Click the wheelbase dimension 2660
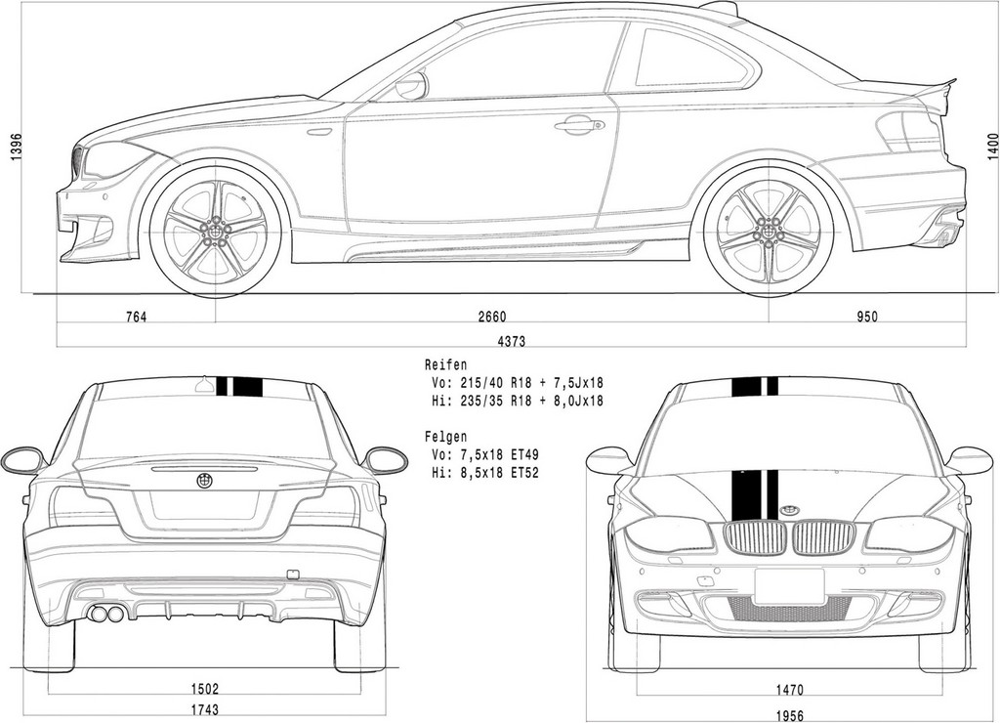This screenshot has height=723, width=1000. [x=491, y=317]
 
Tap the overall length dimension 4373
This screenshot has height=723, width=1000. [x=511, y=341]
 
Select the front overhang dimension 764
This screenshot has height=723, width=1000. [x=136, y=317]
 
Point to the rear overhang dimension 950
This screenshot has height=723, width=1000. [x=867, y=317]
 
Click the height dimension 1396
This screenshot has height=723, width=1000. [x=18, y=148]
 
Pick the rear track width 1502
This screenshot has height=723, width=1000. [x=205, y=689]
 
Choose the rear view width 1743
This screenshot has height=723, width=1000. [x=205, y=709]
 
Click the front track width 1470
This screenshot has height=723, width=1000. [x=789, y=690]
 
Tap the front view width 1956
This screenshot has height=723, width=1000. [x=789, y=716]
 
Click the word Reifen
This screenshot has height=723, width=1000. [x=445, y=365]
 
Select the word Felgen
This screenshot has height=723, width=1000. [x=445, y=437]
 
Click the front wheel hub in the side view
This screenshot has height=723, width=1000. [x=216, y=231]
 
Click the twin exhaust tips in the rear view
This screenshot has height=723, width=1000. [x=107, y=615]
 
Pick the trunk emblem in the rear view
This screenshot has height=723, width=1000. [x=205, y=482]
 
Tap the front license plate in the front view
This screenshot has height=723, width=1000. [x=789, y=586]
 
